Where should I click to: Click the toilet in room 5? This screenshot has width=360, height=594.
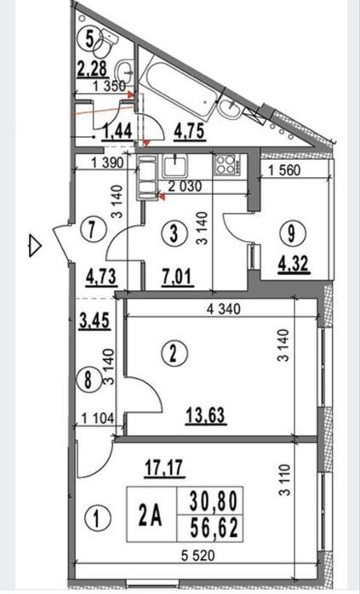pyautogui.click(x=106, y=43)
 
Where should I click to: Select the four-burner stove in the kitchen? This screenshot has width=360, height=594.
pyautogui.click(x=226, y=164)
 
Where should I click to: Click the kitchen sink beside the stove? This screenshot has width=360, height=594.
pyautogui.click(x=175, y=166)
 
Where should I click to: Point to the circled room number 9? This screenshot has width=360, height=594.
pyautogui.click(x=291, y=233)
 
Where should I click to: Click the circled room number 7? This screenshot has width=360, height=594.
pyautogui.click(x=91, y=229)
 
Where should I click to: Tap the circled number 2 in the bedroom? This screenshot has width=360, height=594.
pyautogui.click(x=173, y=353)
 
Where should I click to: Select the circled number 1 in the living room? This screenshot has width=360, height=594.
pyautogui.click(x=97, y=518)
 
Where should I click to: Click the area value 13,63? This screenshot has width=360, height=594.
pyautogui.click(x=206, y=415)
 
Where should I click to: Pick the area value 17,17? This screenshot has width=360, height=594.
pyautogui.click(x=165, y=467)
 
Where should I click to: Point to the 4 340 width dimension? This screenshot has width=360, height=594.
pyautogui.click(x=224, y=309)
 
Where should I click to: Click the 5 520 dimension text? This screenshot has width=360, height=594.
pyautogui.click(x=197, y=556)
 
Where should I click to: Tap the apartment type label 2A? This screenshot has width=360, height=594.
pyautogui.click(x=151, y=515)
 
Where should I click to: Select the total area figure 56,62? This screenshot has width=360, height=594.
pyautogui.click(x=214, y=528)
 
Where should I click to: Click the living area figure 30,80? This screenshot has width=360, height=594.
pyautogui.click(x=214, y=500)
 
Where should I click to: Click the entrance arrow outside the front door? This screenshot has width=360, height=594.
pyautogui.click(x=35, y=246)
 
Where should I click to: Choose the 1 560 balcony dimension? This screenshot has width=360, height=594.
pyautogui.click(x=284, y=170)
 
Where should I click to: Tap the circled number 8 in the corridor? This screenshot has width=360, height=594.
pyautogui.click(x=88, y=379)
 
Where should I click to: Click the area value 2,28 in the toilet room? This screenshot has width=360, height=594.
pyautogui.click(x=93, y=69)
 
